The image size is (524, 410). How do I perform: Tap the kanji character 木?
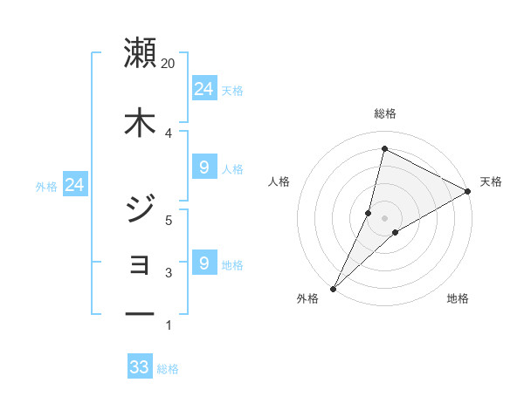click(x=140, y=122)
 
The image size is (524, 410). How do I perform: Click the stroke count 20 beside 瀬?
click(x=169, y=64)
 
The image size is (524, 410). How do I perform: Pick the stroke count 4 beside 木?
click(x=168, y=133)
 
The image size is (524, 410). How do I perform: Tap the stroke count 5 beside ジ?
click(x=169, y=220)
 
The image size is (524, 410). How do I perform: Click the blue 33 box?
click(x=140, y=367)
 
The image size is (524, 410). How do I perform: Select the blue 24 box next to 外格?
click(x=74, y=184)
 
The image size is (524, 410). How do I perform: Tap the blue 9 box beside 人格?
click(x=203, y=167)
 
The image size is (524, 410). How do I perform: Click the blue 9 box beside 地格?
click(x=203, y=263)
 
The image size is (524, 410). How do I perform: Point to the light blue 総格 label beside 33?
click(x=168, y=369)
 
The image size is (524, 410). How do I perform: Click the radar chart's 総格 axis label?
click(x=384, y=113)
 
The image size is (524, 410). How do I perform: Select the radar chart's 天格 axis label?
click(x=491, y=181)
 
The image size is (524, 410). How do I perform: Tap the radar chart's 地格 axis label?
click(x=458, y=298)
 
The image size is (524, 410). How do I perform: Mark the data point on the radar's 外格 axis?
click(x=333, y=289)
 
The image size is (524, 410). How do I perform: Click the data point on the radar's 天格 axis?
click(x=469, y=191)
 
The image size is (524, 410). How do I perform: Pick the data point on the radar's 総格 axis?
click(x=384, y=148)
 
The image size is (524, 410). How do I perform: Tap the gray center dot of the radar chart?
click(x=384, y=218)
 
